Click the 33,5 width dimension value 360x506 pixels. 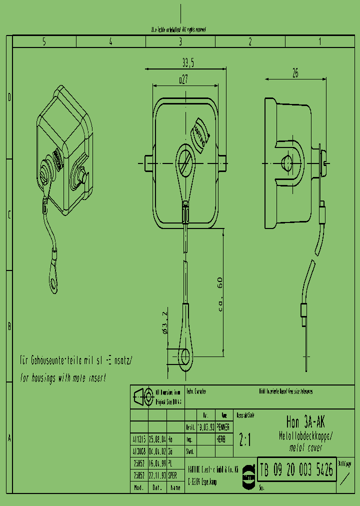click(187, 62)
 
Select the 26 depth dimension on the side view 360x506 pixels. click(295, 73)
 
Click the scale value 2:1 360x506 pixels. click(245, 440)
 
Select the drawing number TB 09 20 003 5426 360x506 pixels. click(296, 469)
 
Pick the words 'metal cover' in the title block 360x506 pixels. click(304, 448)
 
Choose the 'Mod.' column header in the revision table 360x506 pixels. click(138, 487)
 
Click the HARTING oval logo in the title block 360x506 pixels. click(248, 475)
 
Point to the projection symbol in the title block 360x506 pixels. click(142, 397)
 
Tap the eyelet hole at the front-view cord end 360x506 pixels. click(185, 356)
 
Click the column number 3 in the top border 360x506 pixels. click(180, 42)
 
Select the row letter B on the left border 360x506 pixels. click(9, 326)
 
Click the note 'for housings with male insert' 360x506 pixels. click(63, 378)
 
